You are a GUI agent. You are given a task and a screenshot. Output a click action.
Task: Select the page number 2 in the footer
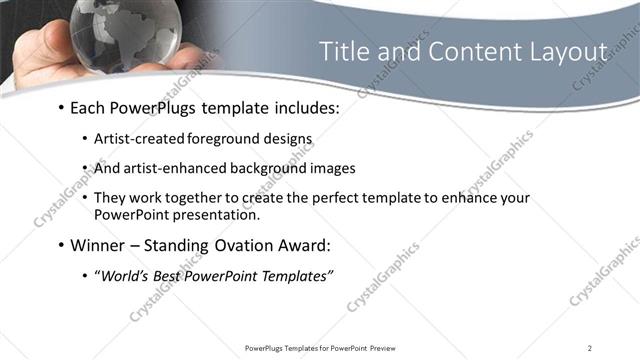point(590,347)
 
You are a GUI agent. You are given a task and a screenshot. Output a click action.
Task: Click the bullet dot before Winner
point(62,244)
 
